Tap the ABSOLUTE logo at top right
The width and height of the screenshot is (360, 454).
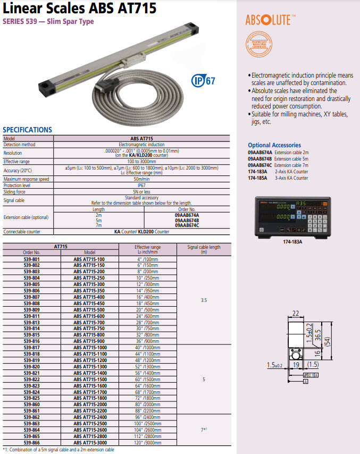(x=267, y=20)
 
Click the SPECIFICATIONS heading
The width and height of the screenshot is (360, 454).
(x=28, y=130)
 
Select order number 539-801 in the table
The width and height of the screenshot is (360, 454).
(x=32, y=259)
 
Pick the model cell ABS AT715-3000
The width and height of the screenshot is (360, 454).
(x=89, y=442)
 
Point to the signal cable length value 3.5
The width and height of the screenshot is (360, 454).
(x=204, y=300)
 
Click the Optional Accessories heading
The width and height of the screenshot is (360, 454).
(x=274, y=145)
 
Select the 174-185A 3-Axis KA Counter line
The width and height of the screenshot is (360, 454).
(x=278, y=178)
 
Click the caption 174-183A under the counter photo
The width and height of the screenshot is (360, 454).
(x=292, y=241)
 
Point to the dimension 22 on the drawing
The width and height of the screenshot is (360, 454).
(x=295, y=314)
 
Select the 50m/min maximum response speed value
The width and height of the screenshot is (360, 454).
(x=141, y=179)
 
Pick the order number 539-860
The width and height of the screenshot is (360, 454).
(x=32, y=404)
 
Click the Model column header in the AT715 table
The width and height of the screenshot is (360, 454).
(x=89, y=253)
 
